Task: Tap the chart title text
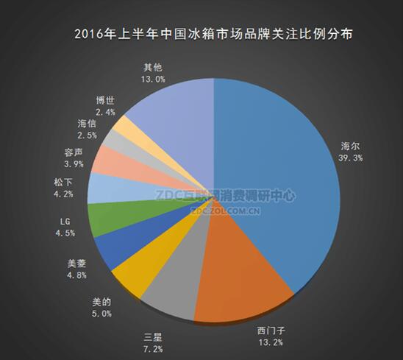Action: click(213, 35)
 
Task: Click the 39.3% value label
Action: click(351, 158)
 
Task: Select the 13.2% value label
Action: click(271, 342)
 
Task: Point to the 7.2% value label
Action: click(153, 349)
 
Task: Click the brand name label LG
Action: click(65, 222)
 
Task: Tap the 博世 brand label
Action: click(105, 100)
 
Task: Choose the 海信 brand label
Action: click(87, 124)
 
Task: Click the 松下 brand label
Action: click(63, 183)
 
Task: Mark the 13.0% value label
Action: click(153, 80)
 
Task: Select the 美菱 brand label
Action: click(76, 264)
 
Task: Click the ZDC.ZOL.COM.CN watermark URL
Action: click(226, 211)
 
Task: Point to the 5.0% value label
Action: click(101, 314)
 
